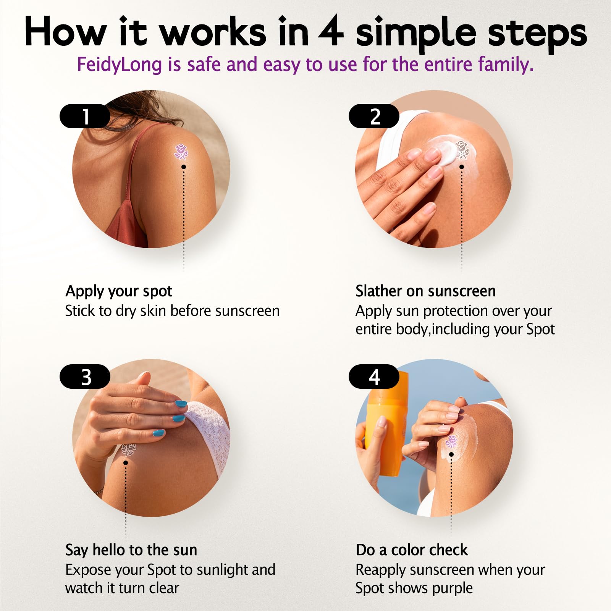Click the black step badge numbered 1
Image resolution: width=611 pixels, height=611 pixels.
[x=85, y=116]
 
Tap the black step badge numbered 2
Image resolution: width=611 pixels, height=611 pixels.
[x=374, y=116]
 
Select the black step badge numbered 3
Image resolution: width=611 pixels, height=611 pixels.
[x=85, y=377]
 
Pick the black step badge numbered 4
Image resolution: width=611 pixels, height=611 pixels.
[x=374, y=377]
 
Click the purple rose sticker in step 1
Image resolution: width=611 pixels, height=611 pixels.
[x=181, y=152]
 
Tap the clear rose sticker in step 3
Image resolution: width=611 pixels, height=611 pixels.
[x=128, y=449]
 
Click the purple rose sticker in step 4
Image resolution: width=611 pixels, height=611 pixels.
[x=451, y=441]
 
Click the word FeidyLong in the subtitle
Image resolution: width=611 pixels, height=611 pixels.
[x=120, y=65]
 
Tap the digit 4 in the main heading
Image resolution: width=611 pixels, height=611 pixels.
[x=331, y=32]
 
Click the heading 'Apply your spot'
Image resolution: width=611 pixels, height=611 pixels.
[x=119, y=292]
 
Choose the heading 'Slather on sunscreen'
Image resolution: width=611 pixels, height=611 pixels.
[x=425, y=291]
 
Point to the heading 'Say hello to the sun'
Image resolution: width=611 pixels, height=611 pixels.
[x=131, y=550]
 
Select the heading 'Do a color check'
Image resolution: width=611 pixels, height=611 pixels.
[x=412, y=550]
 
